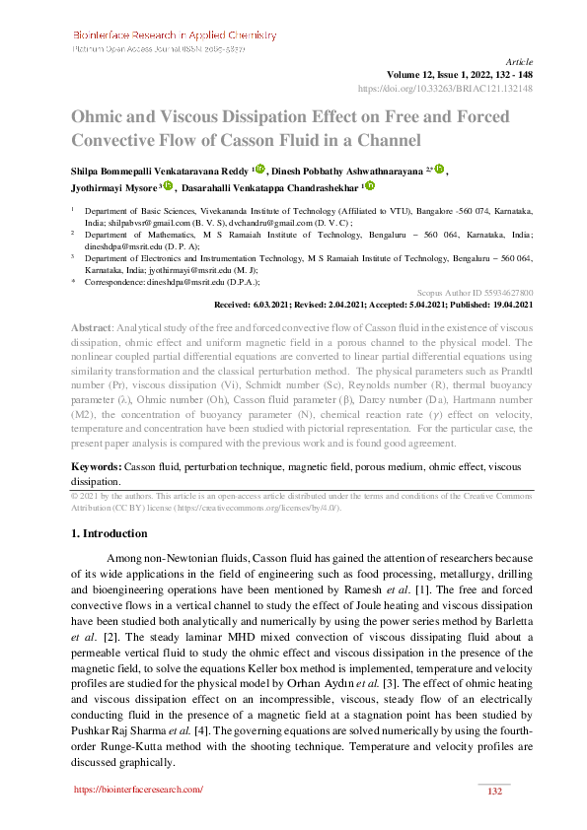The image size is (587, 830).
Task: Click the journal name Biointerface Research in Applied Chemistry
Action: [173, 32]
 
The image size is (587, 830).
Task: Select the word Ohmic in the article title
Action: [100, 116]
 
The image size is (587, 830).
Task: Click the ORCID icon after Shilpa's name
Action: [259, 169]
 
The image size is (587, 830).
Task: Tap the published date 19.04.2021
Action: [507, 305]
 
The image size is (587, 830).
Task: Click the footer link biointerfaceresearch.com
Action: [138, 790]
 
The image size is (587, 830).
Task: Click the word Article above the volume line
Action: [518, 61]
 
